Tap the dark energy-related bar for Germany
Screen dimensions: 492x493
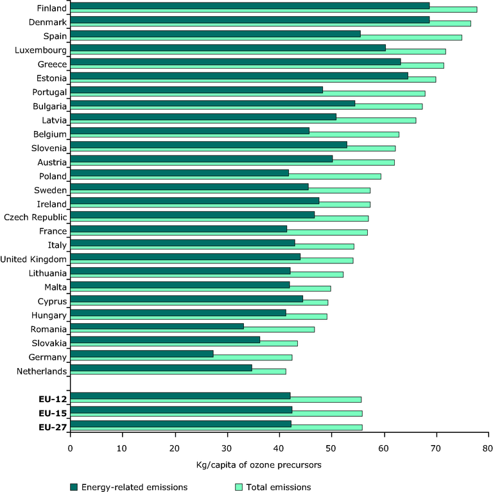click(141, 353)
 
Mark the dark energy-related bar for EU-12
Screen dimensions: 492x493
click(180, 396)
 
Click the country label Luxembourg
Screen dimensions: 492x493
click(40, 49)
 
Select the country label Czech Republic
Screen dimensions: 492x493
click(35, 217)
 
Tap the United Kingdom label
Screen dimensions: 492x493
click(34, 259)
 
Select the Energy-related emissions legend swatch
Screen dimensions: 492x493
click(74, 487)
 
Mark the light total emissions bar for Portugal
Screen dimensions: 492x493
click(379, 93)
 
